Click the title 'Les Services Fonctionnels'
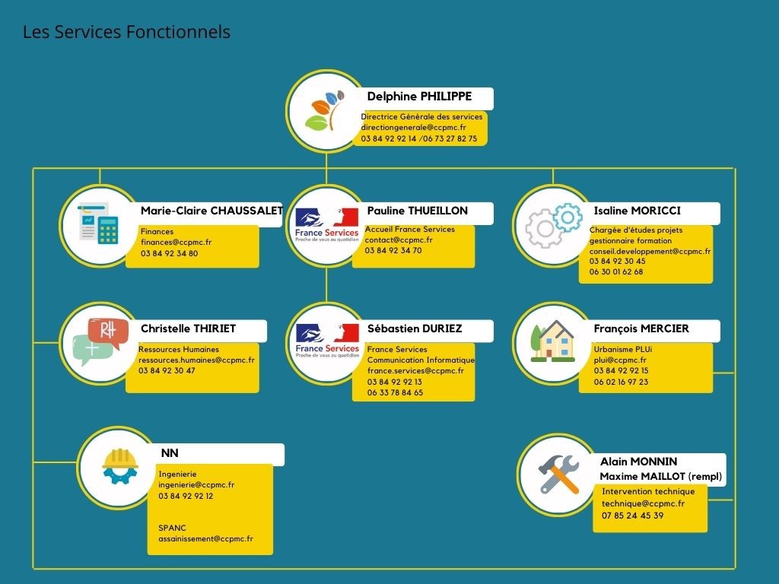(x=126, y=32)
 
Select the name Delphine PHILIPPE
(x=419, y=97)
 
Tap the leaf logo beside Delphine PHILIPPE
(x=326, y=111)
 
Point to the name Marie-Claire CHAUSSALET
(x=211, y=211)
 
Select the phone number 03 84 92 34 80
(x=169, y=253)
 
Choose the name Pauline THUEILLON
(x=417, y=211)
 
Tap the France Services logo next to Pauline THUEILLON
(x=326, y=225)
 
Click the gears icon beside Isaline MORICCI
(x=553, y=225)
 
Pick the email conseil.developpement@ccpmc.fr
(x=650, y=251)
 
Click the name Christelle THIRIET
(x=188, y=328)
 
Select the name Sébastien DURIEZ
(x=415, y=328)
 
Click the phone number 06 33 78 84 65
(x=395, y=392)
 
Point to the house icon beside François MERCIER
(x=553, y=342)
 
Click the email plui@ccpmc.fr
(x=620, y=360)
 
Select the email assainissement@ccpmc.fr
(x=205, y=538)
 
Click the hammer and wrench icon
(x=559, y=474)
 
